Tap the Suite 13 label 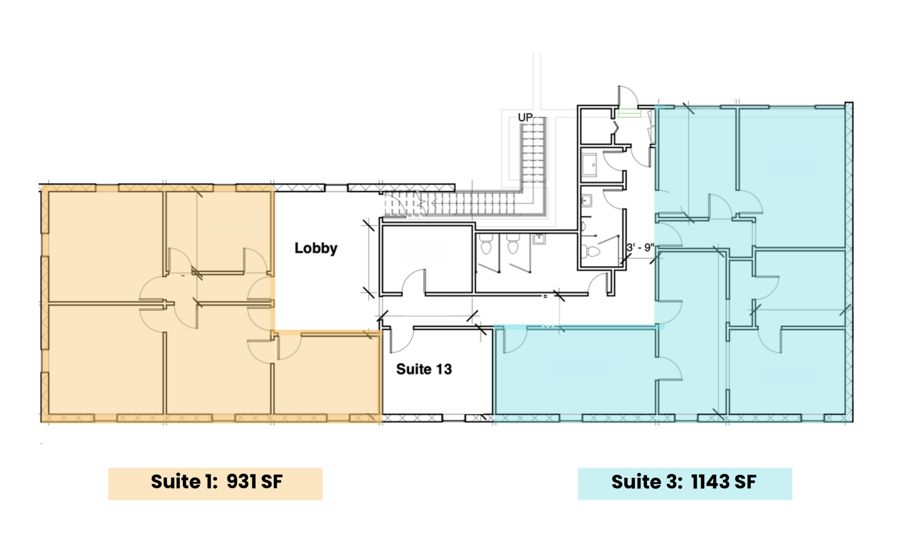pos(424,369)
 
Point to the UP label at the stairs pos(525,118)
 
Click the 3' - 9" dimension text pos(640,248)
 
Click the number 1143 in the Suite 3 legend pos(709,482)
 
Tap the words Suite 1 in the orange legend pos(184,482)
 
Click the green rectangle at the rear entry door pos(629,113)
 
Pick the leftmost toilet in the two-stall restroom pos(486,245)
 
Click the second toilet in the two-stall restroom pos(513,245)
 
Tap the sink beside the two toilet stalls pos(539,239)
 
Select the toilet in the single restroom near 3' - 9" pos(591,251)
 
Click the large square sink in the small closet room pos(589,165)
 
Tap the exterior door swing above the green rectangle pos(628,96)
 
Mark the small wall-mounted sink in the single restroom pos(587,201)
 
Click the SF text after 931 pos(271,482)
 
